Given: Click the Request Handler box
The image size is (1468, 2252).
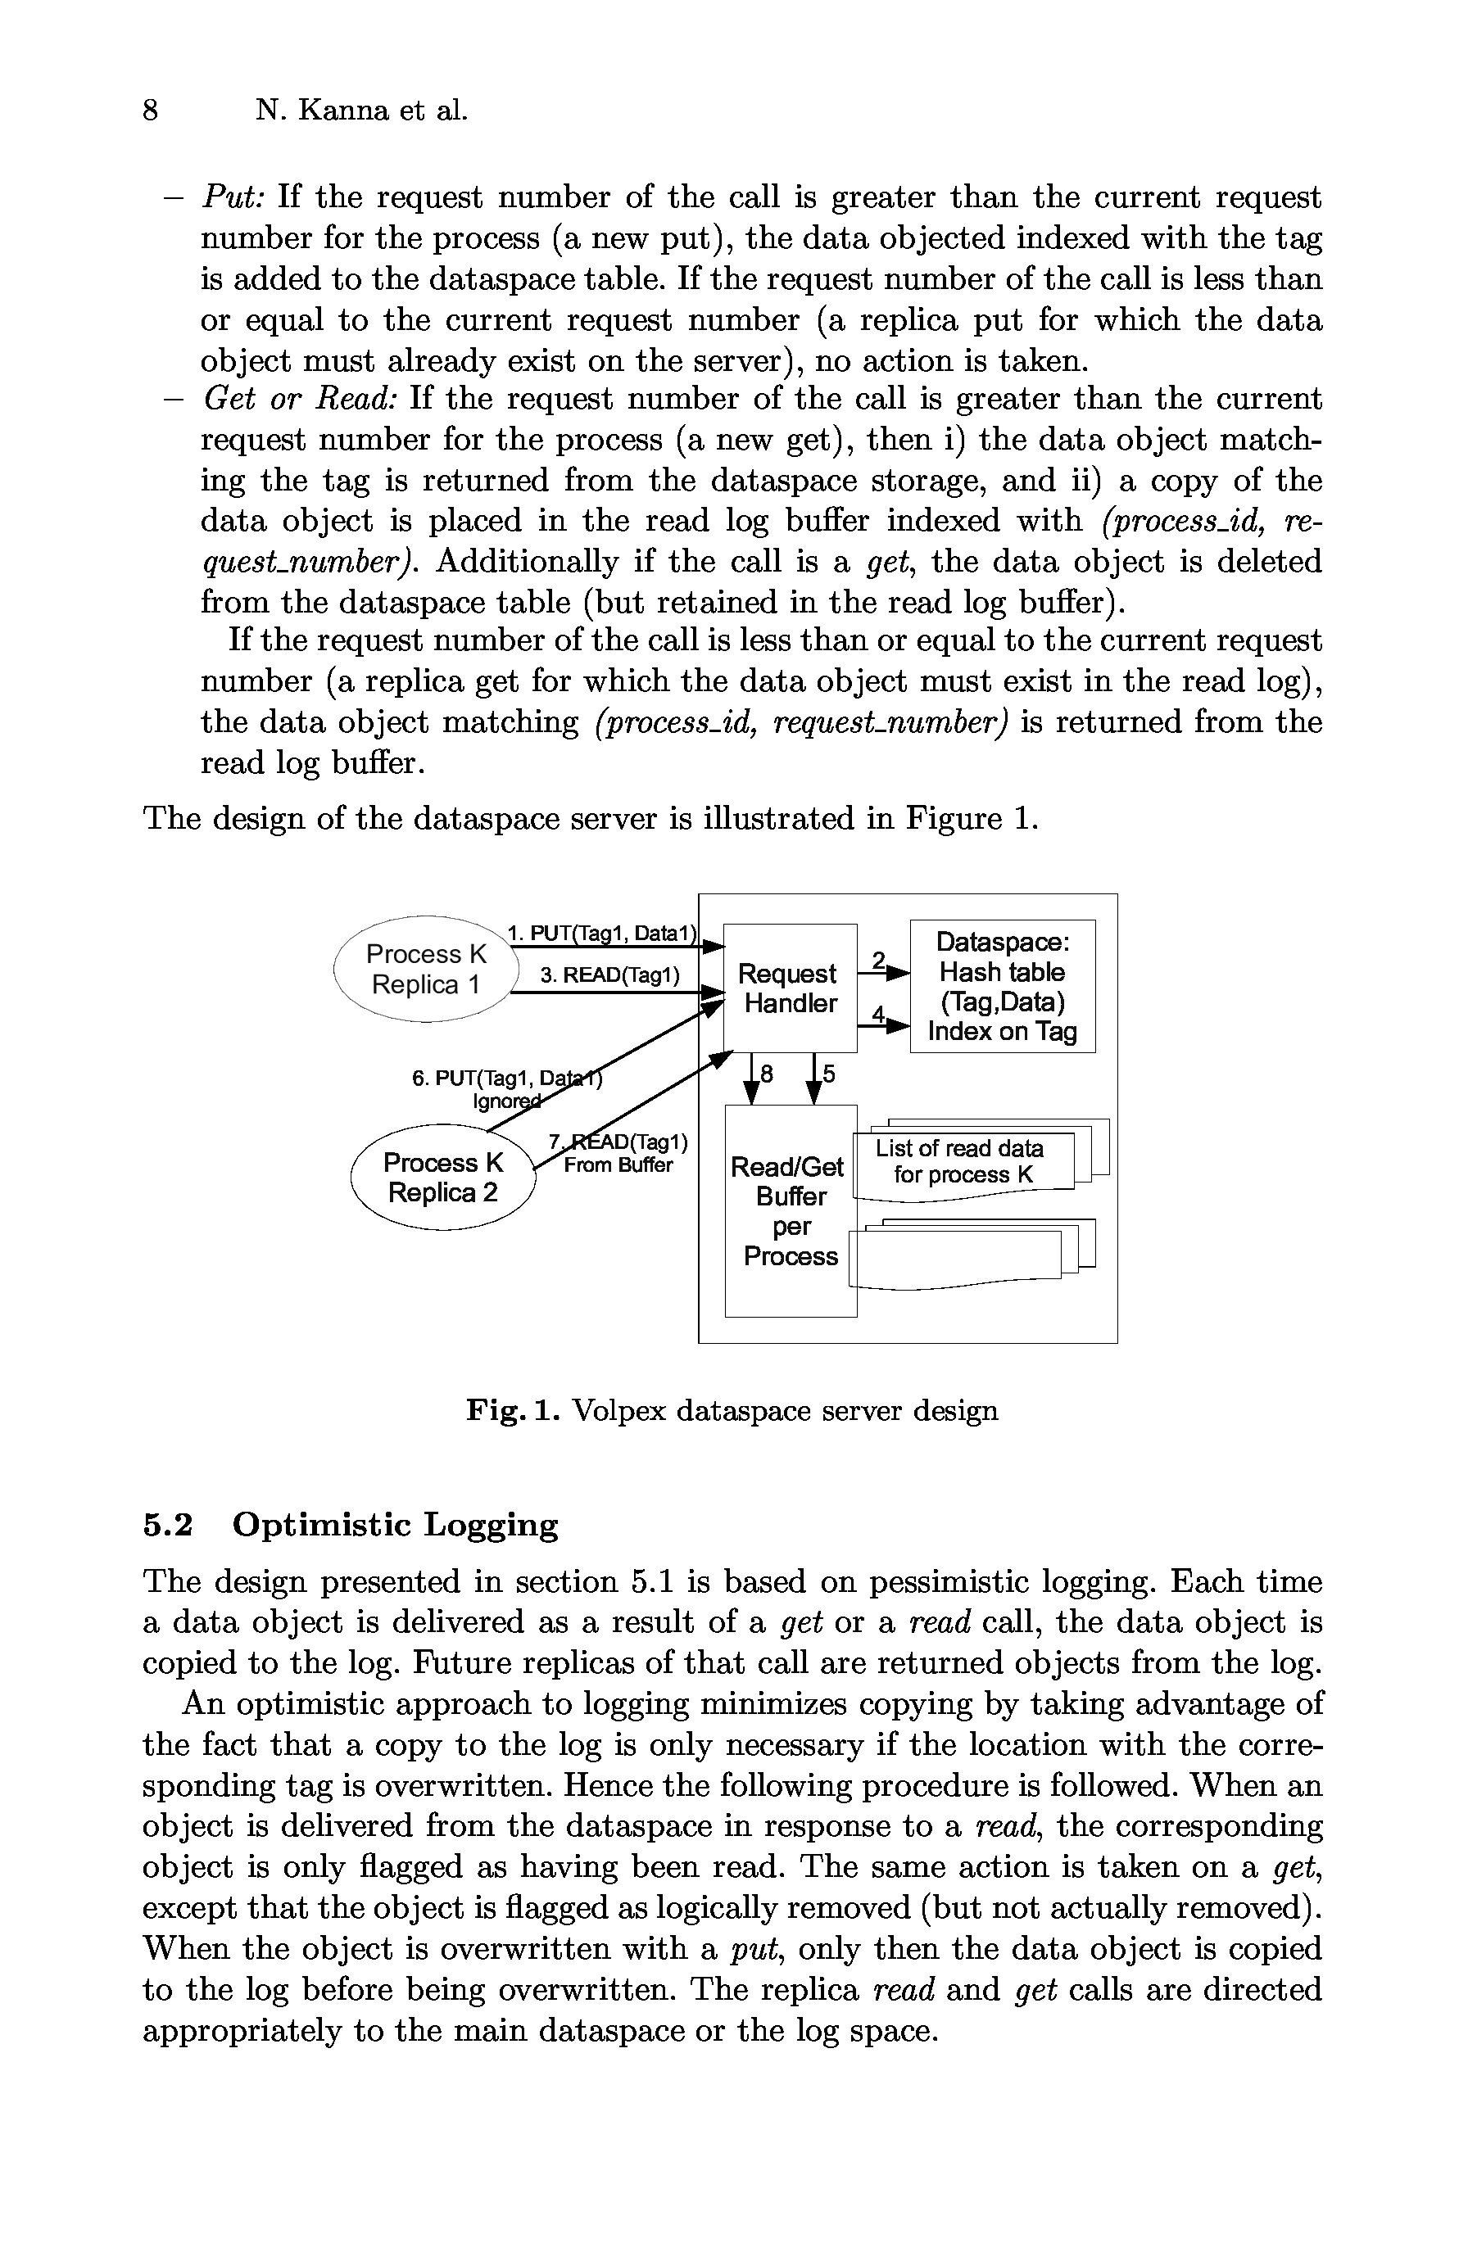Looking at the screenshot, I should pyautogui.click(x=790, y=988).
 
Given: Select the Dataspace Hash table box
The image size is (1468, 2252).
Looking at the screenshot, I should pyautogui.click(x=1001, y=986).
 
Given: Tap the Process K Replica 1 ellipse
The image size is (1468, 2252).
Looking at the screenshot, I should pyautogui.click(x=426, y=969).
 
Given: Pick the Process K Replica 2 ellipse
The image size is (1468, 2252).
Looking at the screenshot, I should pyautogui.click(x=443, y=1177).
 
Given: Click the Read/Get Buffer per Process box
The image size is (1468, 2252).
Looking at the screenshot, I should pyautogui.click(x=791, y=1210).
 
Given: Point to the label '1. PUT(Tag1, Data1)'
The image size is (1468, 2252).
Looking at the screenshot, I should pyautogui.click(x=602, y=933).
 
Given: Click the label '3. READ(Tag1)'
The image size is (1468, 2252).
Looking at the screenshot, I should pyautogui.click(x=609, y=975).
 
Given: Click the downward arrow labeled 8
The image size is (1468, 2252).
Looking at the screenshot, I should pyautogui.click(x=753, y=1079).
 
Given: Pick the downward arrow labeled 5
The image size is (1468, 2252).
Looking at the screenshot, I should pyautogui.click(x=814, y=1079).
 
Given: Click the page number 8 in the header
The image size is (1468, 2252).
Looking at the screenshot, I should pyautogui.click(x=150, y=111).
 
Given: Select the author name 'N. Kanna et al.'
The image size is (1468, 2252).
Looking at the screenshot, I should pyautogui.click(x=361, y=111).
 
